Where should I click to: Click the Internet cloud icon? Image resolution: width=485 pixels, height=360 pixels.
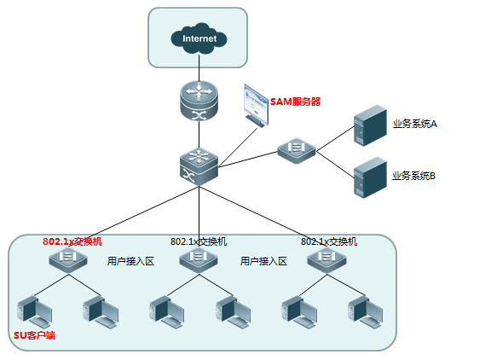click(x=199, y=38)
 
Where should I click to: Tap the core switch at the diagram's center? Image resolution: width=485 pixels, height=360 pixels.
click(x=199, y=166)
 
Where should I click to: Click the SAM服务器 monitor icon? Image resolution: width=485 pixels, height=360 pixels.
click(x=256, y=105)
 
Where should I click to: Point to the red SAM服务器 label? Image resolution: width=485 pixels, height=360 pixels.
click(x=295, y=102)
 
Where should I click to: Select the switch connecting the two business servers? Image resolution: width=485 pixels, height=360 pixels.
click(x=297, y=151)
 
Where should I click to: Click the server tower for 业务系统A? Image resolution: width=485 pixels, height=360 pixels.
click(x=370, y=125)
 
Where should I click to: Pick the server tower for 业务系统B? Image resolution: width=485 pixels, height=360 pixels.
click(x=370, y=177)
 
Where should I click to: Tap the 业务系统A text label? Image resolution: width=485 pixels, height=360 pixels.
click(x=415, y=124)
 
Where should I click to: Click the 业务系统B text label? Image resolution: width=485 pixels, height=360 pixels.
click(x=414, y=176)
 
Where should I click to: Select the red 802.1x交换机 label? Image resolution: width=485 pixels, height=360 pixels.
click(x=72, y=241)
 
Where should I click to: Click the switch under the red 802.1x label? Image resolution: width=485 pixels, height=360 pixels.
click(x=68, y=260)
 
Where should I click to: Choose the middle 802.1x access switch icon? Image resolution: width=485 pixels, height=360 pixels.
click(x=199, y=260)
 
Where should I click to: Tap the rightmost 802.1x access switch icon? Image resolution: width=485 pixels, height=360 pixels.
click(x=326, y=260)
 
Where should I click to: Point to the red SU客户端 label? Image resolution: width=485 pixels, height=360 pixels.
click(x=34, y=335)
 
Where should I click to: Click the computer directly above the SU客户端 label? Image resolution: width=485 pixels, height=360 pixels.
click(x=35, y=312)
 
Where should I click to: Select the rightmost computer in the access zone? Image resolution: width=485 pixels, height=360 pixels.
click(x=366, y=312)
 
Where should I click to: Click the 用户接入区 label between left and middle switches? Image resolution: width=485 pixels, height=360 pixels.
click(x=130, y=261)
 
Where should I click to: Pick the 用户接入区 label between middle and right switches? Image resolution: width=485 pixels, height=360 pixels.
click(x=263, y=261)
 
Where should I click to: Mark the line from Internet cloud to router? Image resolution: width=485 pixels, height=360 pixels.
click(x=199, y=67)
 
